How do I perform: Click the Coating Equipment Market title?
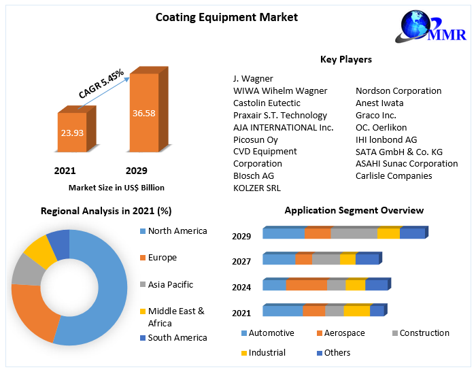pos(226,17)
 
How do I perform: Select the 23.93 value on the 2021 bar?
pos(71,133)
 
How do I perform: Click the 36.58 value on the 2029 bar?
pos(144,113)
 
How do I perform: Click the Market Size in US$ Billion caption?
pos(116,187)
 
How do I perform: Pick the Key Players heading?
pos(345,59)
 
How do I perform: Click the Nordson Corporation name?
pos(398,90)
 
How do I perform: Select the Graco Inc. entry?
pos(376,115)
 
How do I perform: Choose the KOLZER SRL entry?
pos(257,188)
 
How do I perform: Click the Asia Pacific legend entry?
pos(170,284)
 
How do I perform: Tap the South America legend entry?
pos(177,337)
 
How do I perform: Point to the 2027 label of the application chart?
pos(241,261)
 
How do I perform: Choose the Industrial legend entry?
pos(267,352)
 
